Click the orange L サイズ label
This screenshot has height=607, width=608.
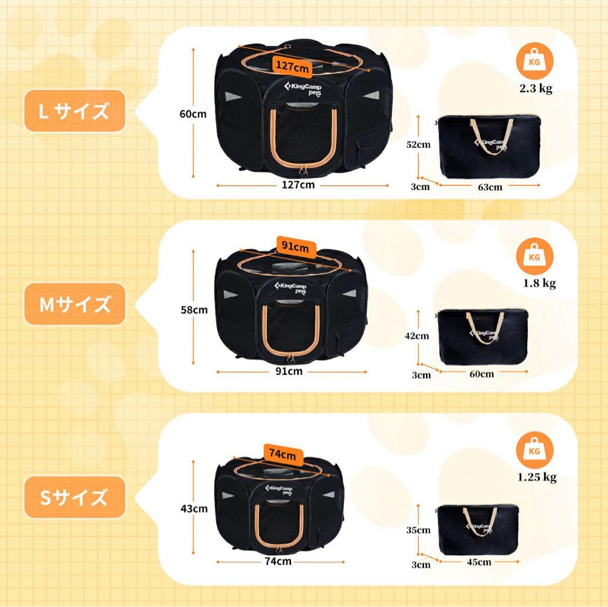click(74, 111)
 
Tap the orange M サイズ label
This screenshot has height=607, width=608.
click(74, 304)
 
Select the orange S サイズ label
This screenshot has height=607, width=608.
click(74, 498)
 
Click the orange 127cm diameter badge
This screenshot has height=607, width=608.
click(292, 67)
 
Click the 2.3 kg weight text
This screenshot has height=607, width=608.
click(535, 88)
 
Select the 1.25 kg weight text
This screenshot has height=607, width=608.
click(537, 477)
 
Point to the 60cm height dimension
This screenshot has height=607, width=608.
click(193, 114)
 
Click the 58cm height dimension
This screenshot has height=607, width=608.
click(193, 309)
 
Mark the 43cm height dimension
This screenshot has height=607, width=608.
click(194, 509)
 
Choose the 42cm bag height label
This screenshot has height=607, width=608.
click(418, 336)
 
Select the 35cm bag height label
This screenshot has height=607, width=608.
click(418, 530)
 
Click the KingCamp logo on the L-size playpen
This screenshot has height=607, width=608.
click(298, 89)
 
